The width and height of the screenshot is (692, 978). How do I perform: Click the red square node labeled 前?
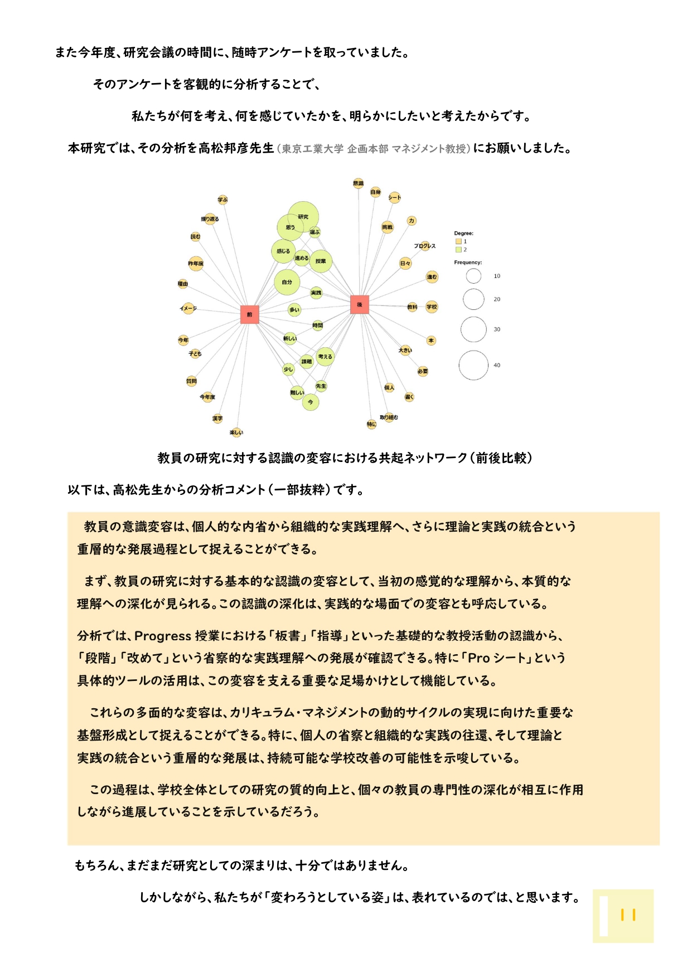point(249,314)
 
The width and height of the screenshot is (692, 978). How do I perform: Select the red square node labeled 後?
point(360,304)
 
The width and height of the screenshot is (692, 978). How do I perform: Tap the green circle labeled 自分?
point(287,282)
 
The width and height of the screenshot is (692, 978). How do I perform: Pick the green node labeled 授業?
point(321,261)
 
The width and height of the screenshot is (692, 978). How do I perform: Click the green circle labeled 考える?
point(325,357)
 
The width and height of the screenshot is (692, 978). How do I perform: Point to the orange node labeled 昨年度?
point(196,263)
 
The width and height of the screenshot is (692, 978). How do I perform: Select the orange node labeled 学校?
point(432,306)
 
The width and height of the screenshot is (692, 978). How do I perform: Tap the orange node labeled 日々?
point(405,264)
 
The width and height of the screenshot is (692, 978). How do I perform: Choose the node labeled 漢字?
point(217,418)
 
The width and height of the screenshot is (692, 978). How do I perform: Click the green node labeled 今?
point(311,402)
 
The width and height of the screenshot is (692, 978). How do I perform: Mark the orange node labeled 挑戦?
point(387,227)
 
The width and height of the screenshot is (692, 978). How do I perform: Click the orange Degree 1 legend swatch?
point(458,241)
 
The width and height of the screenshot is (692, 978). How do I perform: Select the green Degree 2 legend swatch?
point(458,249)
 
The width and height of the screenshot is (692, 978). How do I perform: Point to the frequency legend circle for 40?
point(473,365)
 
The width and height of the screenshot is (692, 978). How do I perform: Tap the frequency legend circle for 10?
point(473,276)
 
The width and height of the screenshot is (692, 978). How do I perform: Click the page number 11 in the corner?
point(628,915)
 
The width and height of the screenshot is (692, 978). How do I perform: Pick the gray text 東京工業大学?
point(312,149)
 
